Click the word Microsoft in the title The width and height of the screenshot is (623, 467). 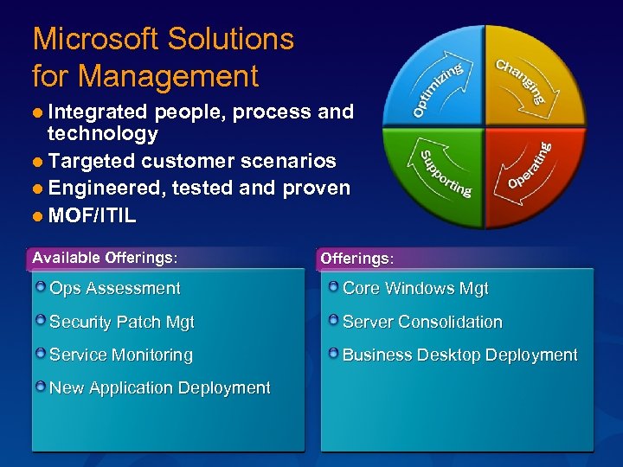(95, 39)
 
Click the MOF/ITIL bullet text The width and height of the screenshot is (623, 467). (92, 215)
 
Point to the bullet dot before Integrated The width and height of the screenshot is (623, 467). (38, 112)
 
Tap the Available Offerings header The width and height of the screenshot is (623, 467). (105, 257)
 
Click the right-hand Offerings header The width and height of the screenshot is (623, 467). (356, 259)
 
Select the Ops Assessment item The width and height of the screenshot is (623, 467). (114, 289)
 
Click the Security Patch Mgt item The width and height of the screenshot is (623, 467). (121, 322)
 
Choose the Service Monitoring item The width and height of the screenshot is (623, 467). (120, 355)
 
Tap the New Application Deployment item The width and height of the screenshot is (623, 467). (159, 387)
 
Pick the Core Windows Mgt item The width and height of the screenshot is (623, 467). (415, 289)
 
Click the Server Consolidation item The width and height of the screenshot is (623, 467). (422, 322)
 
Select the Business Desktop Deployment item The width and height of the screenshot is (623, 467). (459, 355)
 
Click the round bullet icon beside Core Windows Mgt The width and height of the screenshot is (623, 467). (333, 287)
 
